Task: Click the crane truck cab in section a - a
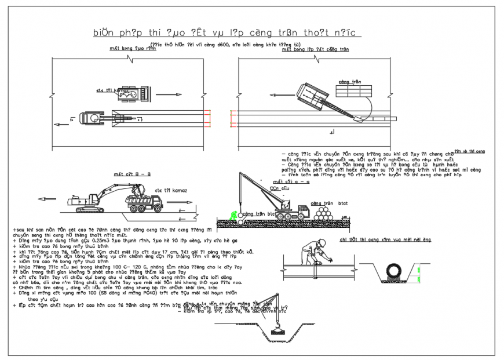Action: click(x=301, y=210)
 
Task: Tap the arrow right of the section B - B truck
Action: click(x=185, y=203)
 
